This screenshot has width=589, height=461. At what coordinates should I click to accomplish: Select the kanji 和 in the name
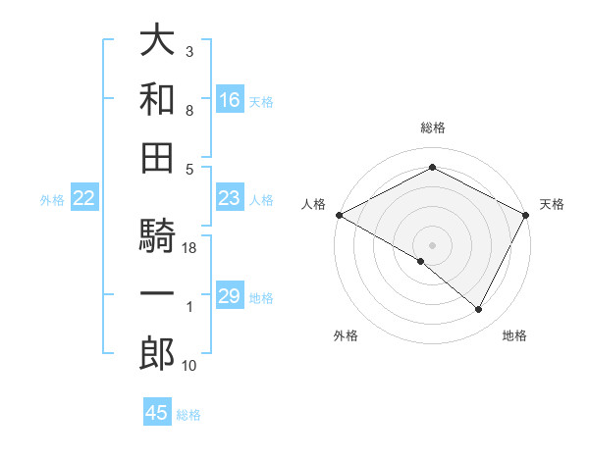(157, 99)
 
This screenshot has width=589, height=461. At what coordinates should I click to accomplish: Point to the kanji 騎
(157, 235)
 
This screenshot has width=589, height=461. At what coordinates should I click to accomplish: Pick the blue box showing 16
(230, 99)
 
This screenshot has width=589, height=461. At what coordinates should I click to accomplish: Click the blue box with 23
(230, 198)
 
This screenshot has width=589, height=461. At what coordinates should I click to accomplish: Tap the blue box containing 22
(84, 199)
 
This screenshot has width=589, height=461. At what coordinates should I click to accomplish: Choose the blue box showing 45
(157, 413)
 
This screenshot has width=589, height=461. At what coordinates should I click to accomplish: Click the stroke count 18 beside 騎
(189, 248)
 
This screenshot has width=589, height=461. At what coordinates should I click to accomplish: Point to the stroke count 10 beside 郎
(189, 366)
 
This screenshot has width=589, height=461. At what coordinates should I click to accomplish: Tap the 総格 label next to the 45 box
(188, 415)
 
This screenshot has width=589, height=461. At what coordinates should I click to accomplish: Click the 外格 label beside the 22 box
(52, 200)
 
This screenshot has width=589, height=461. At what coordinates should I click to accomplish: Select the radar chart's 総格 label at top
(432, 128)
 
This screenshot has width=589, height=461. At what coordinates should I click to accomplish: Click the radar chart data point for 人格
(339, 215)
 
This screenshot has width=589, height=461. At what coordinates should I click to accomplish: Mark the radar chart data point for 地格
(479, 310)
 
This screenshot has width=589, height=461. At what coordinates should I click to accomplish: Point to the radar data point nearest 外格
(421, 261)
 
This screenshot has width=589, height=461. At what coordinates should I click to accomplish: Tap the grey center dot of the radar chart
(432, 244)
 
